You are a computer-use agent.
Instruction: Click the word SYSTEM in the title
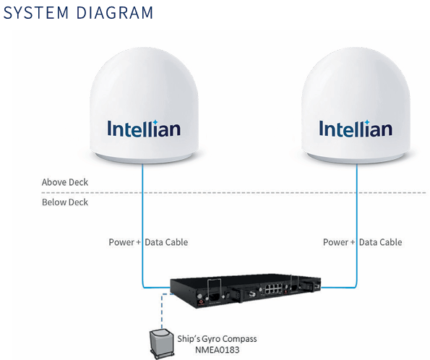tap(36, 12)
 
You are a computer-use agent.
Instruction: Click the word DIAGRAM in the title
tap(115, 12)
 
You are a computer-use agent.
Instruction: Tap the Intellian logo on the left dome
tap(144, 128)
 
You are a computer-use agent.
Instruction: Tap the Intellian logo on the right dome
tap(356, 128)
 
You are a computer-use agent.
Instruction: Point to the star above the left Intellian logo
tap(155, 122)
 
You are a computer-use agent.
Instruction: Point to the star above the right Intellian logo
tap(366, 122)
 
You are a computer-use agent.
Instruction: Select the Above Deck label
tap(65, 182)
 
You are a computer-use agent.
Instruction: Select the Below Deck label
tap(65, 202)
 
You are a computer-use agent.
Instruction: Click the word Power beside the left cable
tap(121, 242)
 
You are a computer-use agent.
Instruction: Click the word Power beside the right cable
tap(335, 242)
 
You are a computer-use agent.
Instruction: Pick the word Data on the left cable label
tap(153, 242)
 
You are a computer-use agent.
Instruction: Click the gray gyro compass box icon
tap(162, 344)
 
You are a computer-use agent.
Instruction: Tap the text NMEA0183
tap(218, 350)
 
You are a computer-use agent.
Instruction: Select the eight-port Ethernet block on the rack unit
tap(273, 288)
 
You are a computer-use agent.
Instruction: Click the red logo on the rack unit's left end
tap(201, 303)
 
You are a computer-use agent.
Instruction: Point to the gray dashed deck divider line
tap(233, 192)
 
